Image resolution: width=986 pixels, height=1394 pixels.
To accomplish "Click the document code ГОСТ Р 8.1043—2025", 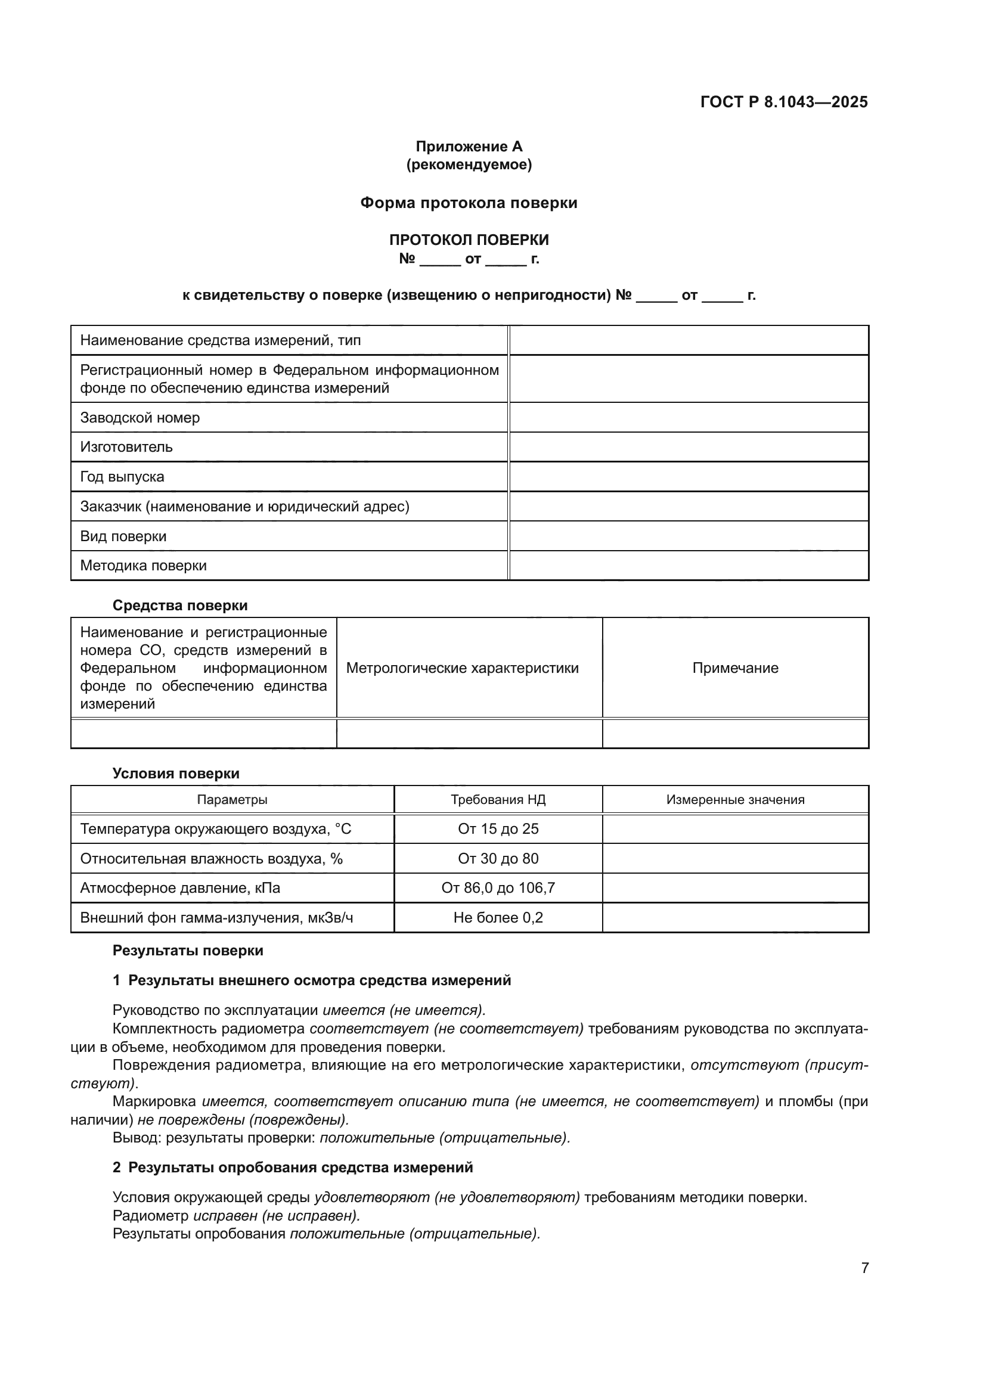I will click(x=784, y=102).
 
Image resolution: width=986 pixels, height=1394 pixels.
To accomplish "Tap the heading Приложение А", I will click(x=469, y=147).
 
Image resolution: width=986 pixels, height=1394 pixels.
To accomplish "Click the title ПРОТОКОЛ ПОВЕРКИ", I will click(x=469, y=240).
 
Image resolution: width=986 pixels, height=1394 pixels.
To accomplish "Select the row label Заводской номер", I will click(x=139, y=418).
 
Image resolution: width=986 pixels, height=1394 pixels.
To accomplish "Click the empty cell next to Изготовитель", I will click(x=689, y=448).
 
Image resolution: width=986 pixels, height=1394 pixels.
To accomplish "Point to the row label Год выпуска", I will click(x=122, y=477).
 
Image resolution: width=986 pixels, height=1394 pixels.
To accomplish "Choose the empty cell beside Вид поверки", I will click(x=689, y=536).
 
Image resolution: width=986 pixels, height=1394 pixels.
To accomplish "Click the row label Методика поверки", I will click(x=143, y=566).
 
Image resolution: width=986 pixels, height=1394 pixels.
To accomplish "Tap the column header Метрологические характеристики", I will click(x=462, y=668).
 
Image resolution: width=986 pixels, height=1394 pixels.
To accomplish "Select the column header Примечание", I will click(x=735, y=668).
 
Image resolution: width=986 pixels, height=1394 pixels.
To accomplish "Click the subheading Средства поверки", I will click(x=179, y=606).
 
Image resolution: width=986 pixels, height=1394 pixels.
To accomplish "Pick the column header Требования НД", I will click(x=498, y=800).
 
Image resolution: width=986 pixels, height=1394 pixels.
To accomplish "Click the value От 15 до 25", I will click(x=498, y=829).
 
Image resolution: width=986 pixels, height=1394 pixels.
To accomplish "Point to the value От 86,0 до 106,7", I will click(x=498, y=887).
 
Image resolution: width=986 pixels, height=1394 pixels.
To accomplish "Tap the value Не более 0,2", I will click(x=498, y=917).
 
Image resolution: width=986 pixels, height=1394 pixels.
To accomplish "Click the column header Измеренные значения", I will click(x=735, y=800).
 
